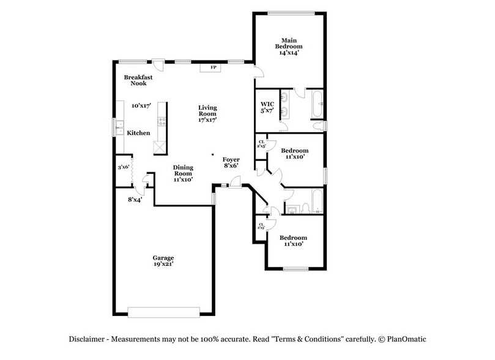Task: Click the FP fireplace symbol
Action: [214, 67]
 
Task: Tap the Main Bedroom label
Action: [288, 47]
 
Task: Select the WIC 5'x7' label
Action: [267, 107]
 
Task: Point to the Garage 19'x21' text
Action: [163, 261]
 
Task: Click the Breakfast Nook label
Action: [138, 80]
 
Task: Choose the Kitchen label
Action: [138, 133]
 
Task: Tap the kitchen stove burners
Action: [162, 121]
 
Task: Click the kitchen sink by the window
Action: [120, 129]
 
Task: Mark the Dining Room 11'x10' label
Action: [183, 173]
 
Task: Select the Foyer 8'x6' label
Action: [231, 162]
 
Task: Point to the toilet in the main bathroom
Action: [318, 126]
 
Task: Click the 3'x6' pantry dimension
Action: [124, 167]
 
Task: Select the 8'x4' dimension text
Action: [135, 199]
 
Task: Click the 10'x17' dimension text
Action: [141, 105]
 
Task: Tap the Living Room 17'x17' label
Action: [207, 114]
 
